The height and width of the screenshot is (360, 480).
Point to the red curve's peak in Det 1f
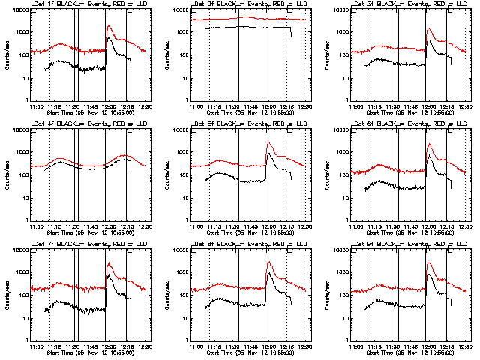[109, 25]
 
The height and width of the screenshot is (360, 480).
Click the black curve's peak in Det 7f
[109, 275]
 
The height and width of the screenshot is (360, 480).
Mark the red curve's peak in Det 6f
[429, 144]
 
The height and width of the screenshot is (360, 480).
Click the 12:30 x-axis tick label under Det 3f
[464, 106]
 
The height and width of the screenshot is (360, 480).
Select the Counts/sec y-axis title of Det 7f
[7, 292]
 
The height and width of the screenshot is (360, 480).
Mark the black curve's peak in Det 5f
[269, 154]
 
